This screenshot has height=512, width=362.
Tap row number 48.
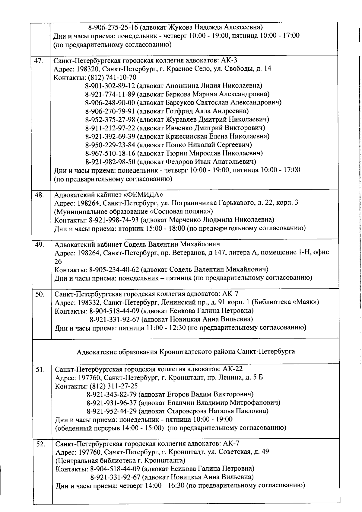(39, 195)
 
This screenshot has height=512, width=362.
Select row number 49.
(40, 245)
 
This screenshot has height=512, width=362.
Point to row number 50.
(40, 294)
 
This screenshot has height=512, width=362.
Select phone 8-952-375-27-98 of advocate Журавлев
(110, 119)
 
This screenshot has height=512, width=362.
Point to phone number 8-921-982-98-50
(110, 161)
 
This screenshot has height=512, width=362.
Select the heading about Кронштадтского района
(186, 352)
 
